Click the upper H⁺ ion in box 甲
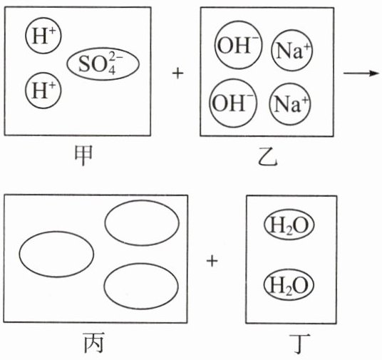[x=43, y=36]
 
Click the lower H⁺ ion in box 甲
[x=43, y=91]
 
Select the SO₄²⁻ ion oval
[x=103, y=64]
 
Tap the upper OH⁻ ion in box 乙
[x=238, y=45]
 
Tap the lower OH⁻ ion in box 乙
[x=233, y=103]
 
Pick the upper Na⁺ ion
[x=292, y=51]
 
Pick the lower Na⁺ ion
[x=290, y=104]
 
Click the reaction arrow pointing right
[x=361, y=73]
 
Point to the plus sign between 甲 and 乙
[x=177, y=73]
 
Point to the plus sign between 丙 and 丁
[x=212, y=261]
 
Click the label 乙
[x=267, y=158]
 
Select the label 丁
[x=299, y=344]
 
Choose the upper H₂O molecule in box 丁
[x=289, y=225]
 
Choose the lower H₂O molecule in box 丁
[x=289, y=285]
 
